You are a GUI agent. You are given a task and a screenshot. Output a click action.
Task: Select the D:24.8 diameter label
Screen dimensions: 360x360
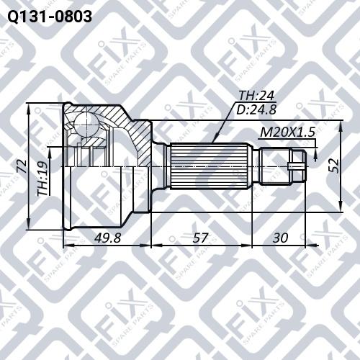[x=256, y=111]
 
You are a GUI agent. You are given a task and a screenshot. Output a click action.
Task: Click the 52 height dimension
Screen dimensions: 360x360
[x=332, y=165]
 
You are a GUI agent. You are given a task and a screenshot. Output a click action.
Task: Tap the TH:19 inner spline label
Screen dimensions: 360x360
[x=44, y=179]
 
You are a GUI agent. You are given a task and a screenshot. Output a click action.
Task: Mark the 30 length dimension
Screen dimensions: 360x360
[x=282, y=238]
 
